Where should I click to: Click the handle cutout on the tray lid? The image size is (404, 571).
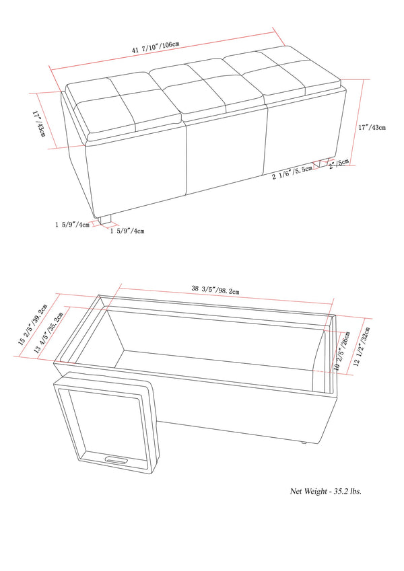pos(117,461)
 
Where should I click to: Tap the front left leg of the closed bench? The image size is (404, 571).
pos(104,218)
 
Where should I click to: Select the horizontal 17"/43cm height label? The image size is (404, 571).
pos(372,128)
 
